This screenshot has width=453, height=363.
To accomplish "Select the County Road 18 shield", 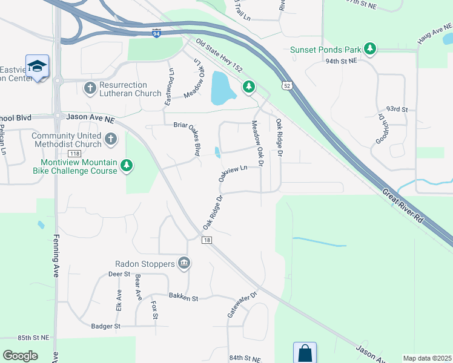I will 207,240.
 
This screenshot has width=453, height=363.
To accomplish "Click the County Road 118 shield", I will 74,154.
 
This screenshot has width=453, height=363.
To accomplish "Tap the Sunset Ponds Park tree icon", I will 368,49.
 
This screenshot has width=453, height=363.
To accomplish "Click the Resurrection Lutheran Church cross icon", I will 90,88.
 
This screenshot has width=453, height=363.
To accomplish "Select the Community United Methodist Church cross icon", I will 110,140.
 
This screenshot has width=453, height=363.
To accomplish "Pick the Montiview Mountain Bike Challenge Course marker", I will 126,165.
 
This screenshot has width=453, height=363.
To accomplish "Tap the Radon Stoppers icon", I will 184,263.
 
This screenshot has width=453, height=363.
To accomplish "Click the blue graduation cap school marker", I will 37,67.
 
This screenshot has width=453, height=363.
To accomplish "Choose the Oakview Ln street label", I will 233,174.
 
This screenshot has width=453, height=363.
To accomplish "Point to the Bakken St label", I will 184,298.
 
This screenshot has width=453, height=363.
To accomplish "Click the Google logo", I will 20,355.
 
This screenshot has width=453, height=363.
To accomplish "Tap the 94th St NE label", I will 341,61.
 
